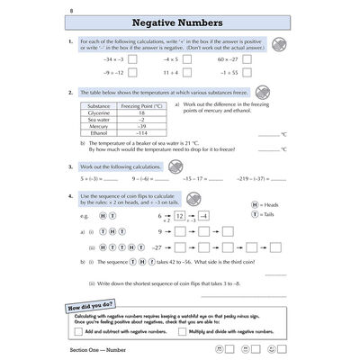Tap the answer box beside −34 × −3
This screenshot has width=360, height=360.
pyautogui.click(x=132, y=58)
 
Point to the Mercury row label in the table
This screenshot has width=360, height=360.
pyautogui.click(x=99, y=126)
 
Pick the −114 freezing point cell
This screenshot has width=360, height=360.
pyautogui.click(x=140, y=132)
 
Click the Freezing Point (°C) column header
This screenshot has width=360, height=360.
pyautogui.click(x=140, y=106)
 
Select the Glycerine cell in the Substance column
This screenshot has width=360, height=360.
pyautogui.click(x=99, y=112)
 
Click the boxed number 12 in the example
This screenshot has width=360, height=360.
pyautogui.click(x=179, y=216)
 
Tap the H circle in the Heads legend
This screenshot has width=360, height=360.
pyautogui.click(x=255, y=205)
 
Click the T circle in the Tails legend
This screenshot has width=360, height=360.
pyautogui.click(x=255, y=216)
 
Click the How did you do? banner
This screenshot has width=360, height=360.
pyautogui.click(x=91, y=307)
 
